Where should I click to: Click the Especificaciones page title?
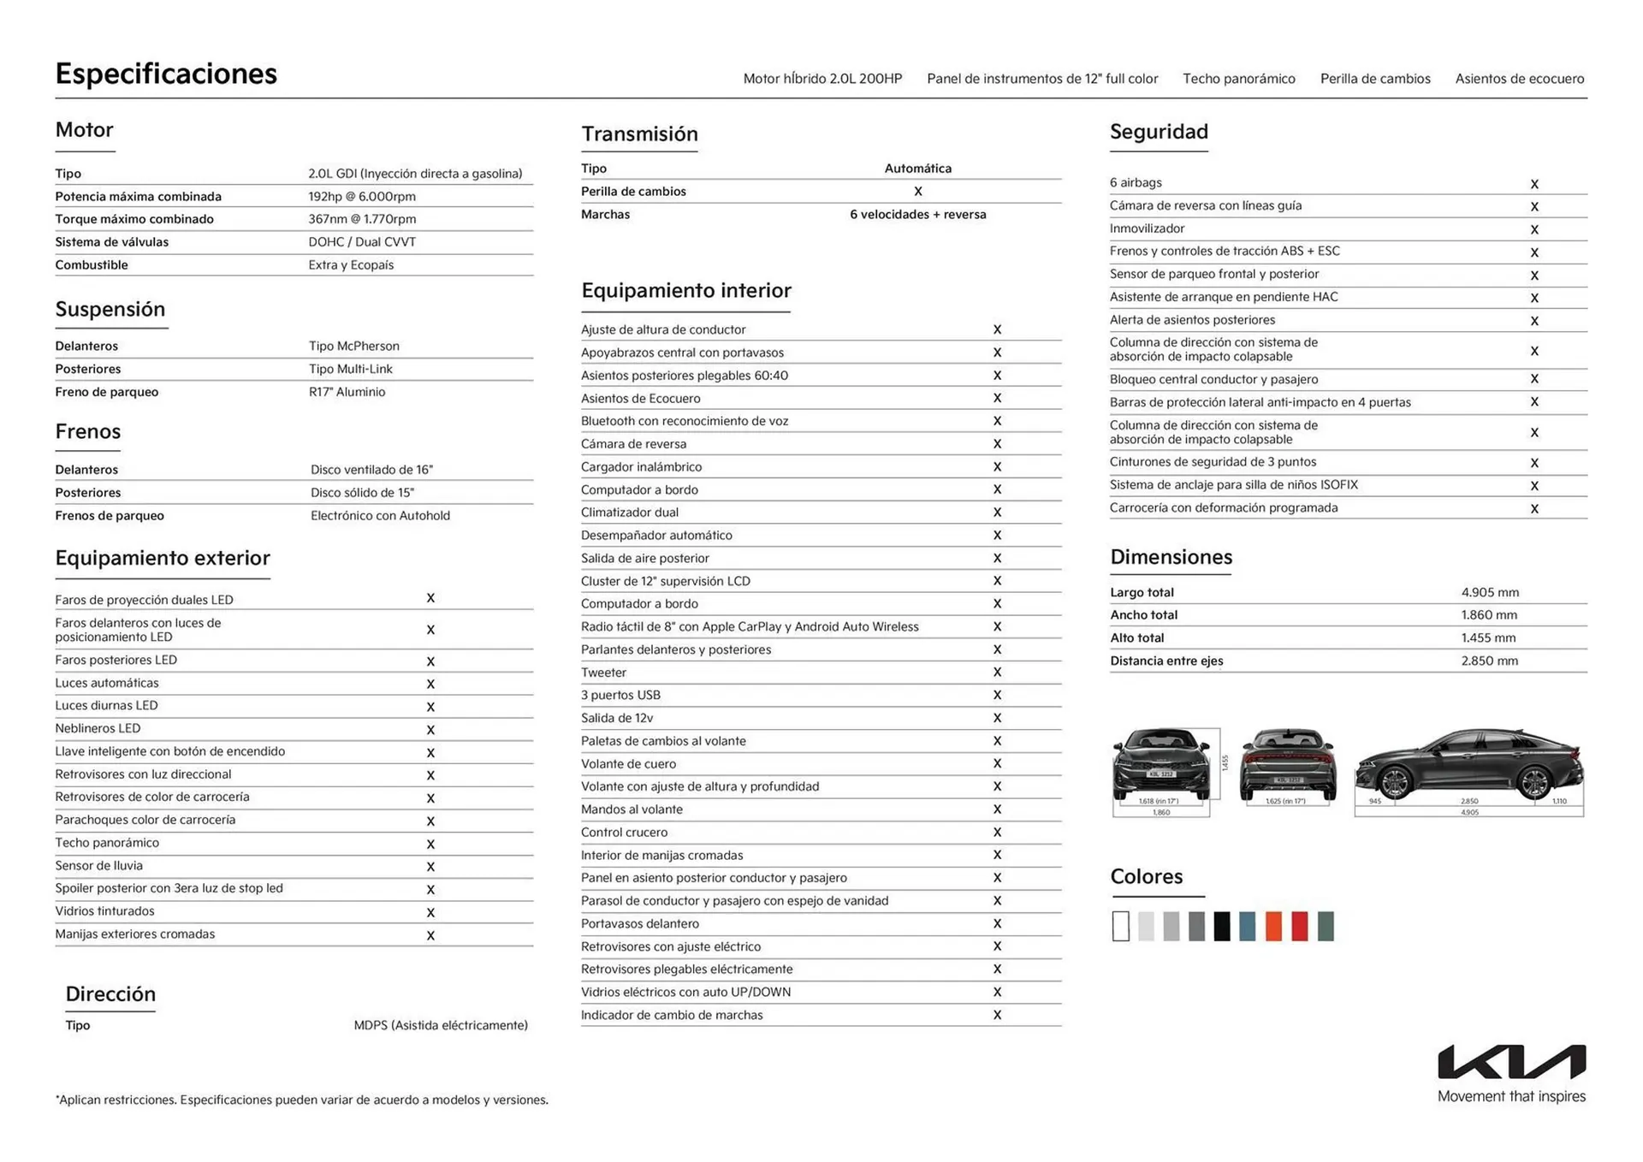[166, 74]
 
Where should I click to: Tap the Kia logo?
[1511, 1061]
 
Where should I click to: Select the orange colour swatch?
[1273, 926]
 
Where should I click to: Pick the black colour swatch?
[1222, 926]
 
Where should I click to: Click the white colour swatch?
[1120, 926]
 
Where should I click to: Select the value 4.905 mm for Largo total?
[1490, 592]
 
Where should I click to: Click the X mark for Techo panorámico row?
[430, 844]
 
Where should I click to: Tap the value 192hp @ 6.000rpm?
[362, 196]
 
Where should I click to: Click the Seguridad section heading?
[1159, 132]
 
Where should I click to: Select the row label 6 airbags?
[1136, 182]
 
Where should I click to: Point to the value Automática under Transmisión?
[917, 169]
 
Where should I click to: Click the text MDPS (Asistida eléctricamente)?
[441, 1025]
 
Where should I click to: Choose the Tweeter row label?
[603, 673]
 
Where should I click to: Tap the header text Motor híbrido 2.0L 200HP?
[822, 79]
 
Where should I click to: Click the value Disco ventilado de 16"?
[371, 470]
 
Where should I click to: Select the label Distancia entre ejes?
[1166, 661]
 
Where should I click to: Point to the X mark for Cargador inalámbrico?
[997, 467]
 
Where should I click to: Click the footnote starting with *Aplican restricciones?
[302, 1100]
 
